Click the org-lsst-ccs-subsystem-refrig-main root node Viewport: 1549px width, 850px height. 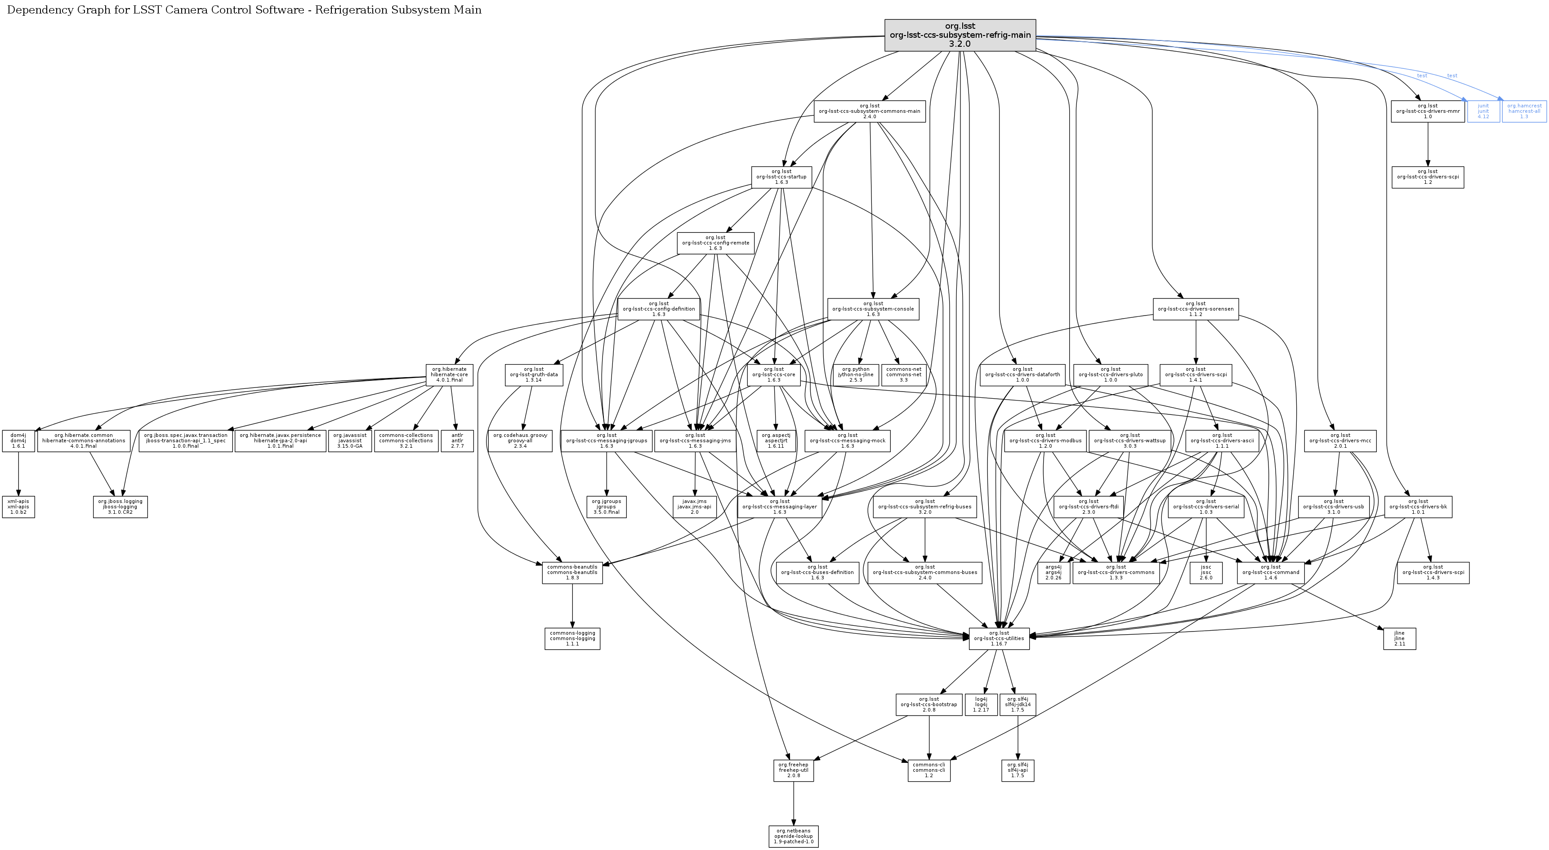click(x=960, y=35)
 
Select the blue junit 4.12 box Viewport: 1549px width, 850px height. click(x=1483, y=111)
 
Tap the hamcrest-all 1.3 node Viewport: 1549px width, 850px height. click(x=1524, y=111)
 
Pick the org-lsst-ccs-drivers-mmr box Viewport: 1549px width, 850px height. click(x=1427, y=111)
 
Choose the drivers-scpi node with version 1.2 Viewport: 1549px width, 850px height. click(x=1427, y=177)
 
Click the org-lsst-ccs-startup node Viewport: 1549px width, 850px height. click(x=781, y=177)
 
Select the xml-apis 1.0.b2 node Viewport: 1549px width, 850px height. click(x=18, y=507)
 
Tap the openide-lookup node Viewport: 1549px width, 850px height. click(x=793, y=836)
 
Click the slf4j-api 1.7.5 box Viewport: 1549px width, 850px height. click(x=1018, y=770)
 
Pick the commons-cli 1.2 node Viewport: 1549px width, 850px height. click(x=929, y=770)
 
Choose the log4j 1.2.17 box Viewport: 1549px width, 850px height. click(x=981, y=704)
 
